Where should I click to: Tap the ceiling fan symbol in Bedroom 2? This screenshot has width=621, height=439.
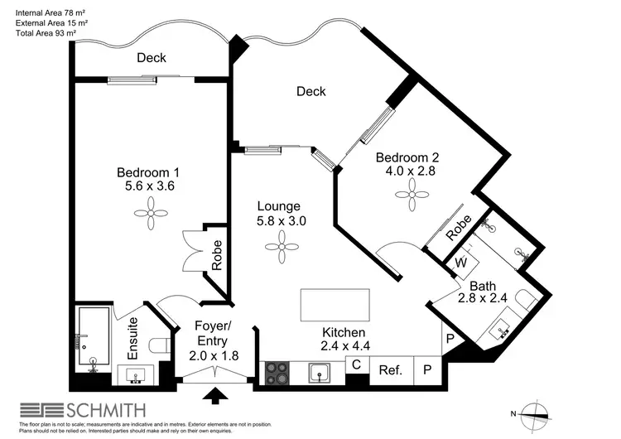[412, 198]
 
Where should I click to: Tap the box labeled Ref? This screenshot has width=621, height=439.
[390, 371]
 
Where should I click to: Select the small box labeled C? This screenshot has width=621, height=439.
[357, 364]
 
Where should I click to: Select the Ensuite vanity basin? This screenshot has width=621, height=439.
[136, 376]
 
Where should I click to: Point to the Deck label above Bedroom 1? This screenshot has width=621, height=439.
[152, 57]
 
